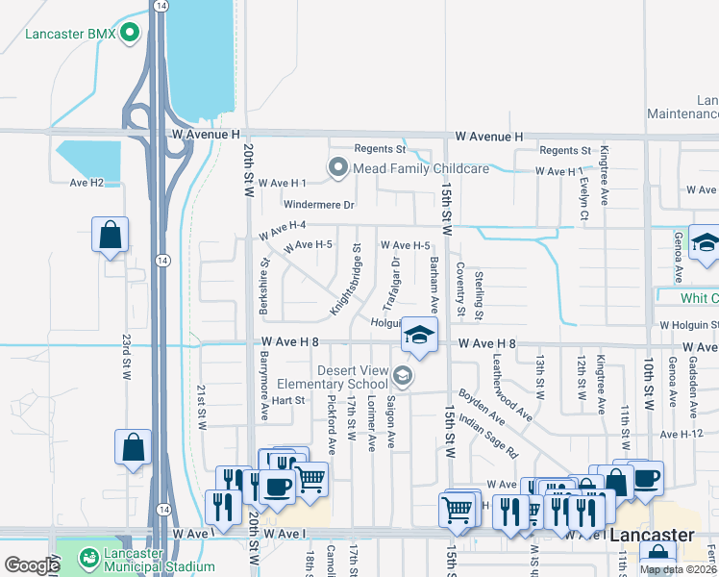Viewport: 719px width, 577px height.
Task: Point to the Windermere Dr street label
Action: click(x=319, y=205)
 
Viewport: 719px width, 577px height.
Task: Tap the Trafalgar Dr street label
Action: click(x=391, y=284)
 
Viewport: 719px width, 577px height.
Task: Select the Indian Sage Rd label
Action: click(x=487, y=434)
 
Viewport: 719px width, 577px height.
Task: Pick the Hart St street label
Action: click(x=287, y=400)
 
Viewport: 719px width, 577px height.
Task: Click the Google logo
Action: click(x=32, y=565)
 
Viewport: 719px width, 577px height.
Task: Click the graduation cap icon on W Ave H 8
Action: click(x=418, y=335)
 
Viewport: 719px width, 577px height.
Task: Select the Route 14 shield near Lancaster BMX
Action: click(x=161, y=6)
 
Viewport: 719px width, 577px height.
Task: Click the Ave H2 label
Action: click(x=86, y=183)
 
